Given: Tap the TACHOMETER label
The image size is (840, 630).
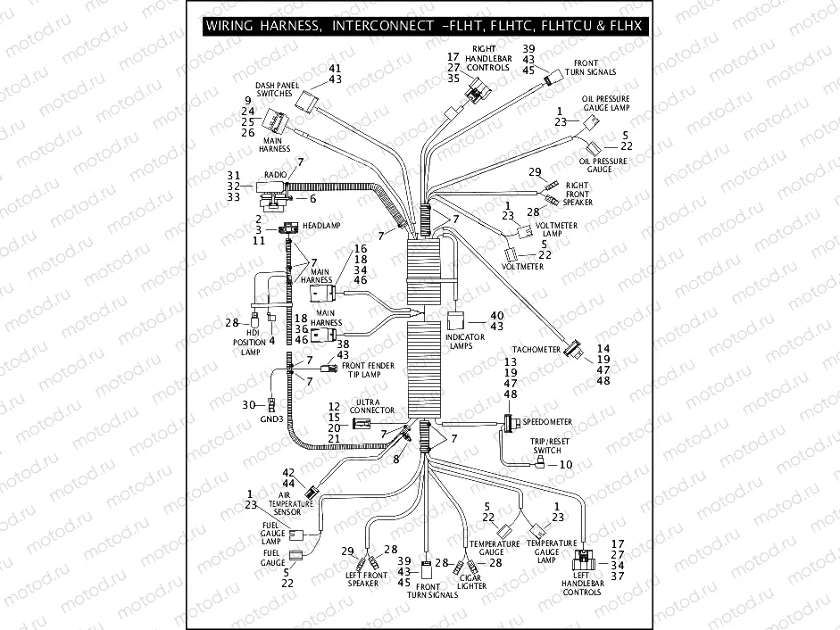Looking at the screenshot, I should point(536,350).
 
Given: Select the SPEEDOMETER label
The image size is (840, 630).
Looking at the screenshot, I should point(547,421).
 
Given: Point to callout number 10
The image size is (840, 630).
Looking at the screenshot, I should point(566,465).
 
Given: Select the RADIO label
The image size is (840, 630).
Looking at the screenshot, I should point(274,175).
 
